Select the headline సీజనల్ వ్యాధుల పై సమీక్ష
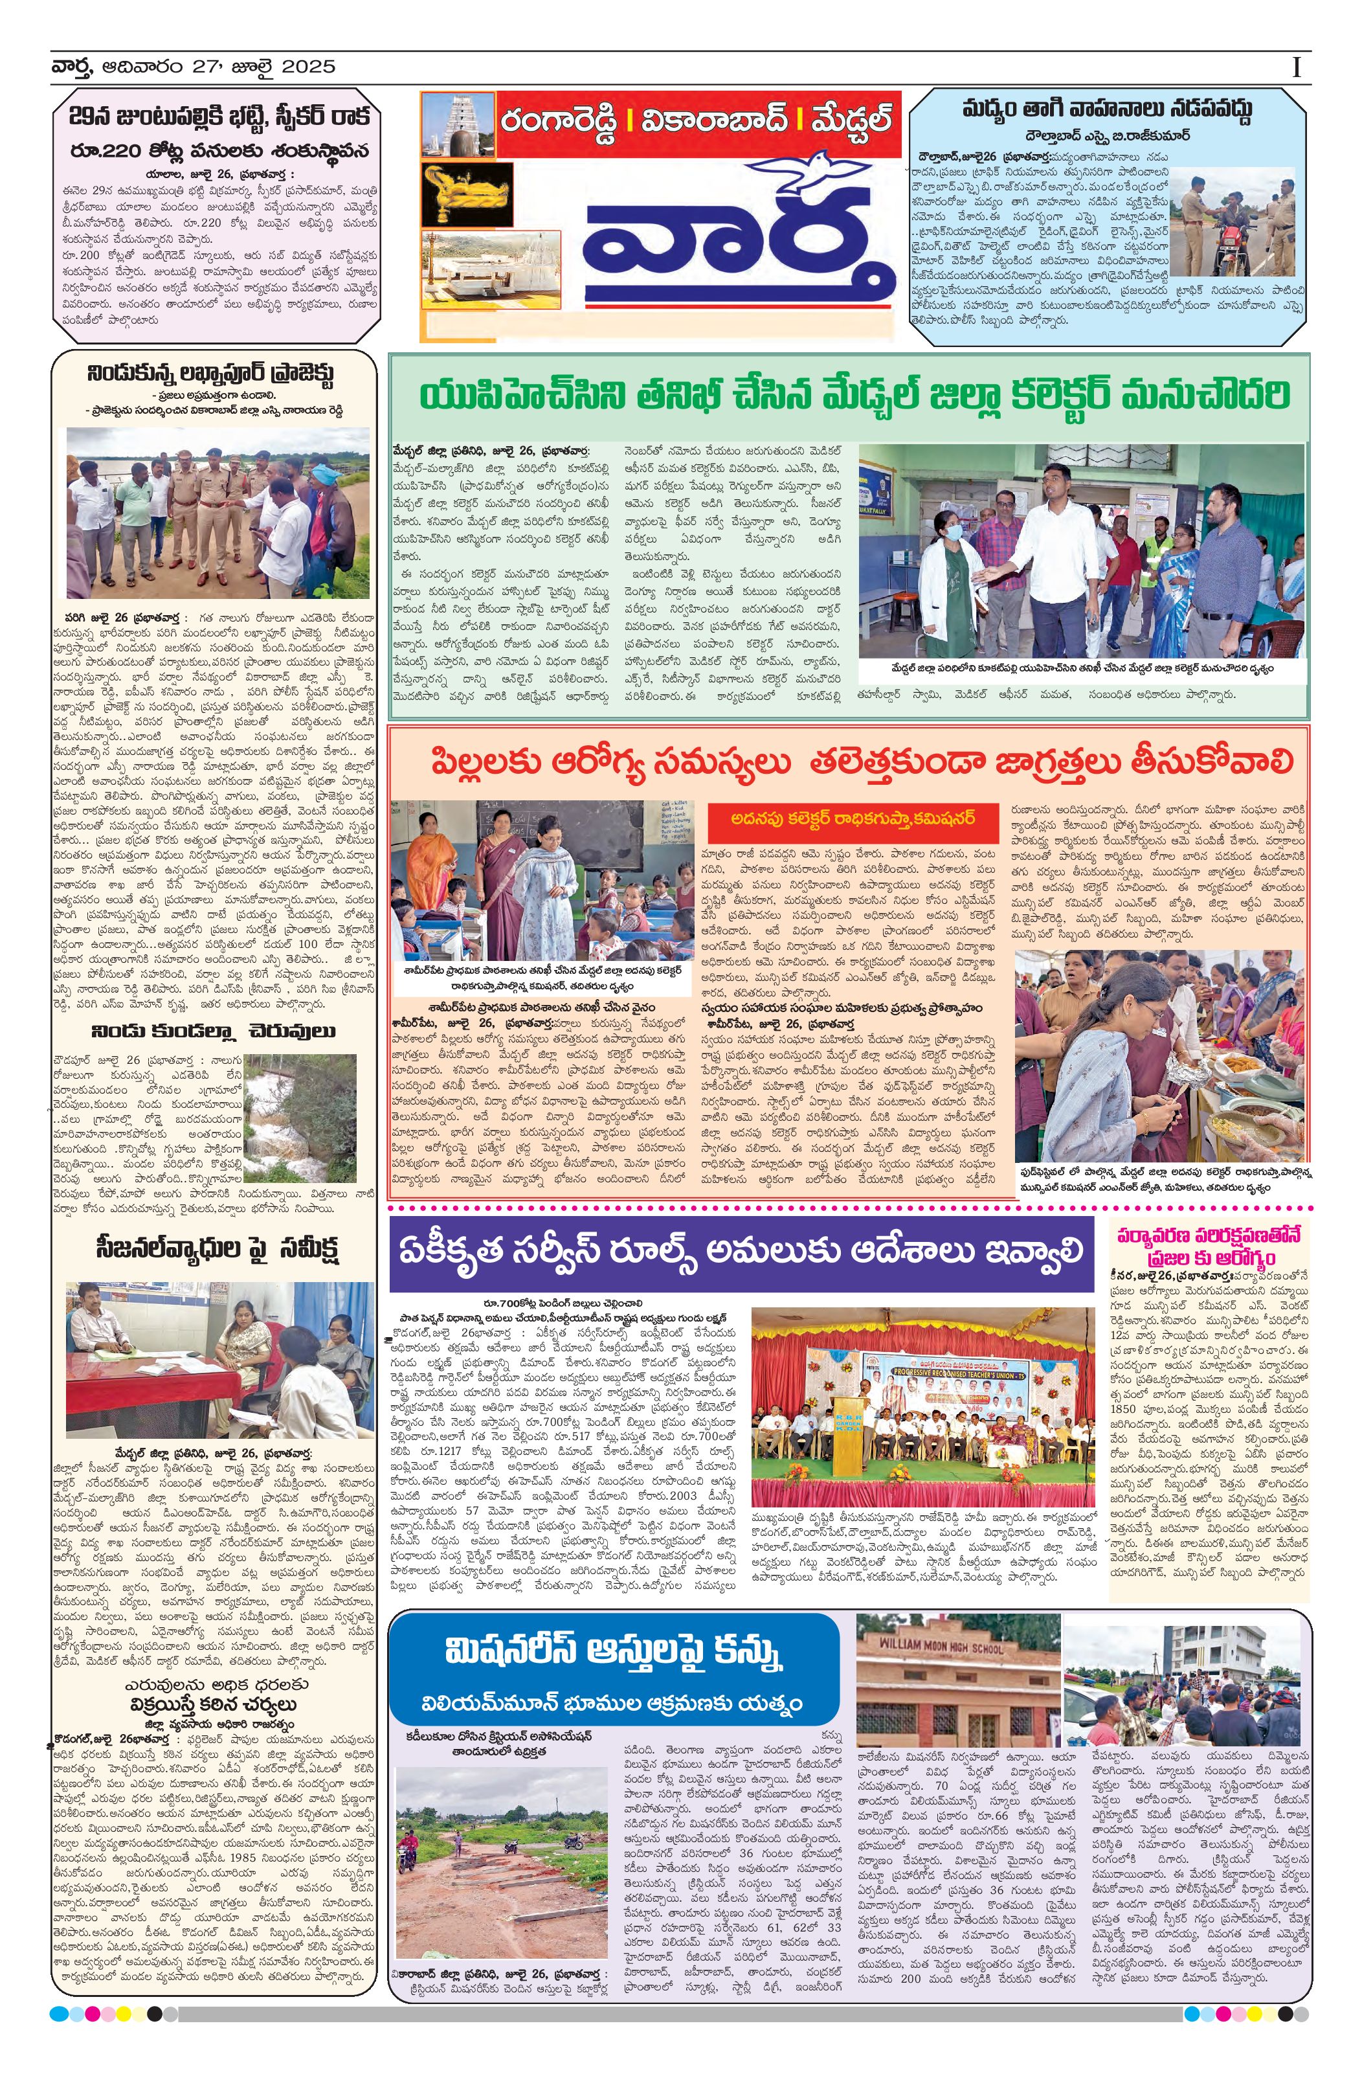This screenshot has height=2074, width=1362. click(x=217, y=1248)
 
